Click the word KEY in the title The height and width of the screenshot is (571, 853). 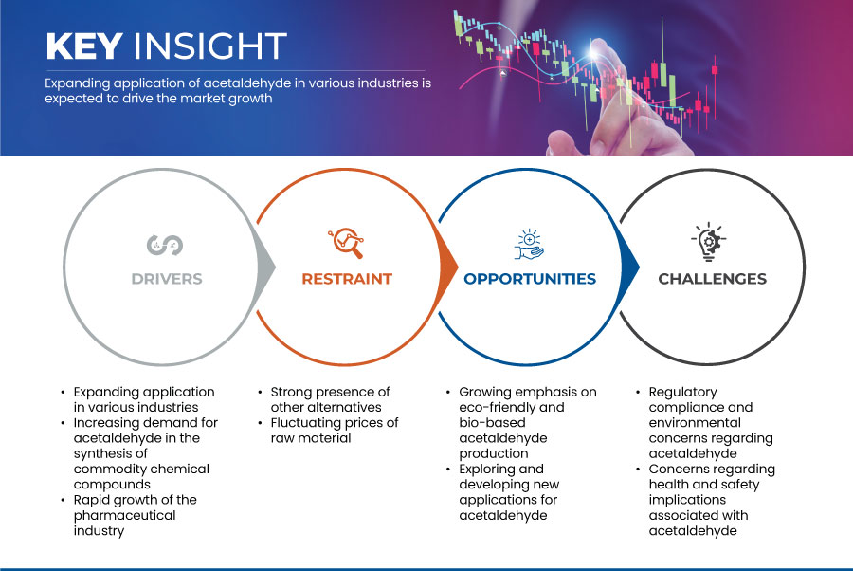point(83,46)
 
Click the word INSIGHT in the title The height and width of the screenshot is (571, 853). point(210,46)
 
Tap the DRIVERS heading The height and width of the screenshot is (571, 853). point(167,279)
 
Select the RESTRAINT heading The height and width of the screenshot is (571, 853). point(347,279)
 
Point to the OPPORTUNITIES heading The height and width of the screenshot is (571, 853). point(530,279)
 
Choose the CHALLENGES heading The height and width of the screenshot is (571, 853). point(712,279)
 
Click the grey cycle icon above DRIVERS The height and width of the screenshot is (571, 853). point(165,245)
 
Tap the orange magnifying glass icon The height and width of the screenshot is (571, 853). point(346,243)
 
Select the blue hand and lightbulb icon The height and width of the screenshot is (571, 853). point(529,245)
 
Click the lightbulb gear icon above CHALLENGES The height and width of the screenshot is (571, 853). point(709,241)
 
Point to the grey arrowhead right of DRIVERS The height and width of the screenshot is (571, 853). point(266,267)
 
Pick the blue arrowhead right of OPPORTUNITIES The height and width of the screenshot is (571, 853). point(630,267)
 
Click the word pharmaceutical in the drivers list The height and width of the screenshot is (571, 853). point(124,515)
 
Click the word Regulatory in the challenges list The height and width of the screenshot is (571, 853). point(682,393)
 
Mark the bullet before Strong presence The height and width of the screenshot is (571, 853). point(260,393)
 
